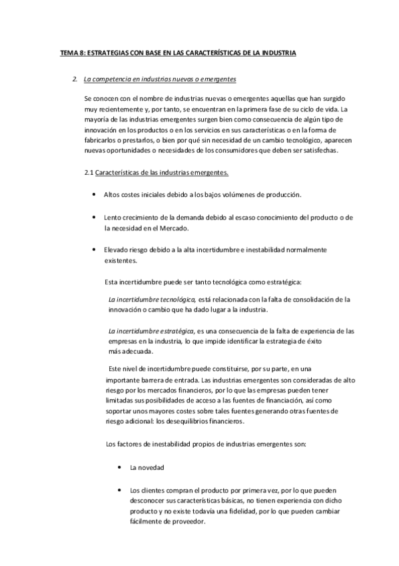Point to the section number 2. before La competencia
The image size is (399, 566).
75,79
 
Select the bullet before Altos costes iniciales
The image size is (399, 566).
91,194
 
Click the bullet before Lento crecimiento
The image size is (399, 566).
91,217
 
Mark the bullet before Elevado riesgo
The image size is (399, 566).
91,249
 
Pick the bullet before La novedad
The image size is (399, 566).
118,467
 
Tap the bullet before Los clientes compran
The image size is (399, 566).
118,489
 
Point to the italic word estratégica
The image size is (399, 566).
176,330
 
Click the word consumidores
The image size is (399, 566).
250,150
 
